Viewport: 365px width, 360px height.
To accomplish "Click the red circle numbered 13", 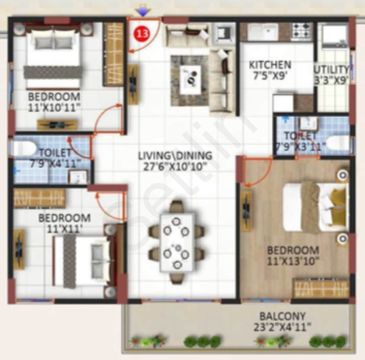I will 142,34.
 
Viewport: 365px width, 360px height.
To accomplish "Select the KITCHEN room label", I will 270,65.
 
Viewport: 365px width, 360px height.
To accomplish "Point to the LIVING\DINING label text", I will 175,156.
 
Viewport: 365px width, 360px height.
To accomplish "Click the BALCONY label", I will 282,316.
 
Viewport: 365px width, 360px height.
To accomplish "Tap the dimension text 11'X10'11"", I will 54,107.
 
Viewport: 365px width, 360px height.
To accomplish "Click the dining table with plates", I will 177,241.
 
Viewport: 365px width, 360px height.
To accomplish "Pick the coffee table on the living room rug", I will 190,79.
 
